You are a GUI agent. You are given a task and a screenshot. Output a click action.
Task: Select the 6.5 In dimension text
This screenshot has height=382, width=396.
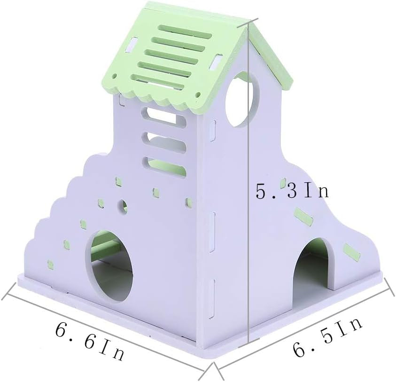328,337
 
